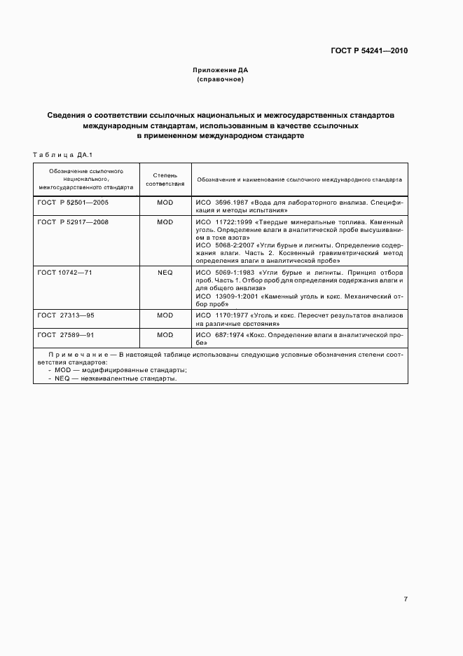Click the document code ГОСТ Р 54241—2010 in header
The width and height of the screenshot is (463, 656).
coord(368,51)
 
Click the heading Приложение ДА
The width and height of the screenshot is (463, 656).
coord(221,71)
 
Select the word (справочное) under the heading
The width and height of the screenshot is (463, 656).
coord(221,80)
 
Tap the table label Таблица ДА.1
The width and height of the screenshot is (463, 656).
coord(63,154)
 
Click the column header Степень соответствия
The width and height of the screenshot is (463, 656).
coord(165,179)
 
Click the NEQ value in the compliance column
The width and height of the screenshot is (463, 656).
coord(165,272)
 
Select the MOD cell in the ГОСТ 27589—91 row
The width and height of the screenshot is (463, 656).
coord(165,335)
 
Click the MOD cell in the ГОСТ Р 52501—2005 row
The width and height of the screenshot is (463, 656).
coord(165,202)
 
